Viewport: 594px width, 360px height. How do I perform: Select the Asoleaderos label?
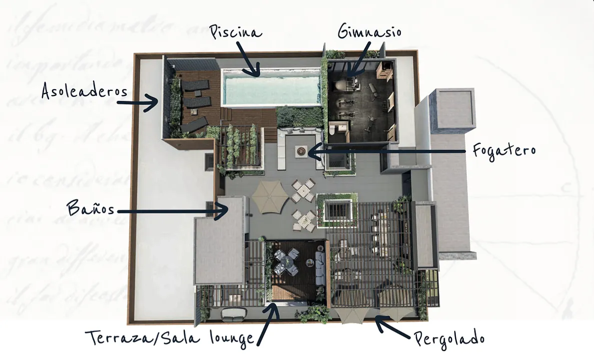[84, 91]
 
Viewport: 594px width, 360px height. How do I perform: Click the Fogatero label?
[504, 150]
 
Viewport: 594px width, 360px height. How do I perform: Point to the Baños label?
[91, 208]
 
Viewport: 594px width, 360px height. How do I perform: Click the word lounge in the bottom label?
[232, 337]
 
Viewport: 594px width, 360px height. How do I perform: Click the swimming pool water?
[271, 88]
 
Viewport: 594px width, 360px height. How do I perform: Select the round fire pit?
[301, 151]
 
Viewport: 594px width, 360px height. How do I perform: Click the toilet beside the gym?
[332, 130]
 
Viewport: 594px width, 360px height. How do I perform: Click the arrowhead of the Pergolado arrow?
[380, 322]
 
